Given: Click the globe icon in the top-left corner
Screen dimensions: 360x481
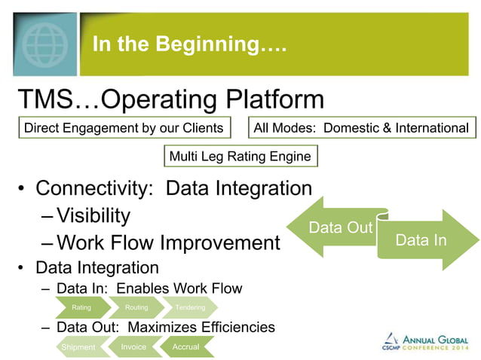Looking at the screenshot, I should (40, 38).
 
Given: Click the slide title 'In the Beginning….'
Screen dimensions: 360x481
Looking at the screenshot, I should (189, 44).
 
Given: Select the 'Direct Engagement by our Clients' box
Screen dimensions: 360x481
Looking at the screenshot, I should (124, 128).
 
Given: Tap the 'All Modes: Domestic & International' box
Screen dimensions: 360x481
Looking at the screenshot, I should (361, 128).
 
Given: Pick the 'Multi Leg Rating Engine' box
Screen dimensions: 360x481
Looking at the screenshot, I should (240, 157).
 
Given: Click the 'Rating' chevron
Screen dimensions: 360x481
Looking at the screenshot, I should (81, 307).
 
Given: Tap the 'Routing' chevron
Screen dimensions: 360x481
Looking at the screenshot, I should (136, 307).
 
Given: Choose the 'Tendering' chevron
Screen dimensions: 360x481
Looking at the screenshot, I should (190, 307).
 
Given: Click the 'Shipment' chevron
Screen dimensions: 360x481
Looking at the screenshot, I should (79, 347).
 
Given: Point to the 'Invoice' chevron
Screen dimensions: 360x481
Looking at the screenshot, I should (134, 347).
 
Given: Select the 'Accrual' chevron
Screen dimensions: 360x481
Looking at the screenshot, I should (186, 347).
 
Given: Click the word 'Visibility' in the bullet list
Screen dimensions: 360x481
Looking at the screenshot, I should (93, 216).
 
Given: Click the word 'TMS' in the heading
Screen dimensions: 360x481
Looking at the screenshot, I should (46, 99).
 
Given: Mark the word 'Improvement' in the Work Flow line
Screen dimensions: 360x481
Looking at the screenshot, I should (219, 243).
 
